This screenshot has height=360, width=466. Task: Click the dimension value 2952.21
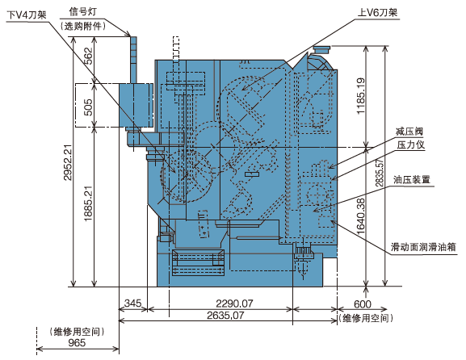click(x=68, y=162)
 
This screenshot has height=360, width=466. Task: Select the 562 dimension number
click(x=88, y=56)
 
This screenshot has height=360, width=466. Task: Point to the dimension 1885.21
click(x=88, y=203)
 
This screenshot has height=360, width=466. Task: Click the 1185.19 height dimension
click(x=360, y=96)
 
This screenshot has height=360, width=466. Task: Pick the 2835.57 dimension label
click(x=380, y=173)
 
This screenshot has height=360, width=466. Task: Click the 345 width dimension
click(x=132, y=303)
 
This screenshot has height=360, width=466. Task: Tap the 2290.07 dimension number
click(x=234, y=303)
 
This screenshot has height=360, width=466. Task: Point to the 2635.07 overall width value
click(x=225, y=315)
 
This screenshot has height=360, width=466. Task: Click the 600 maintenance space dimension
click(x=363, y=304)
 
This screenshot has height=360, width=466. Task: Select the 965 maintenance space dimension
click(x=77, y=343)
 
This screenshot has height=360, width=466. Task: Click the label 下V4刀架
click(x=27, y=15)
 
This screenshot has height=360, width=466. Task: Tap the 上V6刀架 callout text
click(x=377, y=12)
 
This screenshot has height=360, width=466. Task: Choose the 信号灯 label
click(x=83, y=12)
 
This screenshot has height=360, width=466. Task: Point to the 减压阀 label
click(x=409, y=131)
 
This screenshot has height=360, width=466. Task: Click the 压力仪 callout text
click(x=411, y=144)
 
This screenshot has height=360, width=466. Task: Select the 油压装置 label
click(x=412, y=179)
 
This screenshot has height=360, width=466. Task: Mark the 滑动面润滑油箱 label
click(x=423, y=247)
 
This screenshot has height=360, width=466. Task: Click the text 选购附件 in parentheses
click(x=83, y=27)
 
